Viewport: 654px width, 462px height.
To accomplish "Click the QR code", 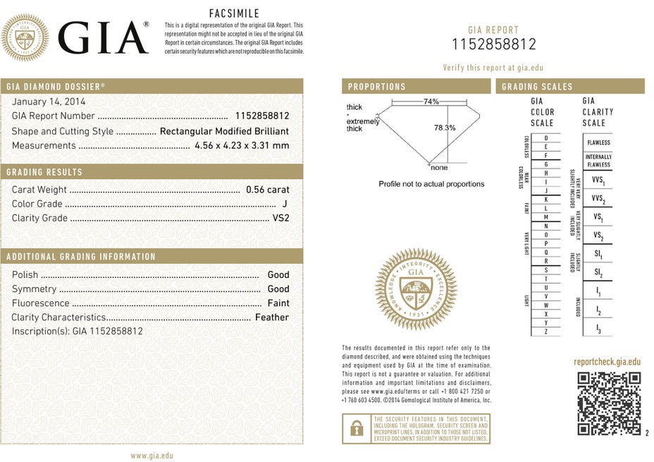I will [x=610, y=402].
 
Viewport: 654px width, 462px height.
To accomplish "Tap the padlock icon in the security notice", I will [x=356, y=428].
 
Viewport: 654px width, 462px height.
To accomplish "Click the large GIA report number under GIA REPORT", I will [x=493, y=44].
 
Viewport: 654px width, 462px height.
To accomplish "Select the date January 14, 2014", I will [x=49, y=102].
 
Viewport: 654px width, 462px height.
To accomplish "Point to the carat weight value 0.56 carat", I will [x=267, y=190].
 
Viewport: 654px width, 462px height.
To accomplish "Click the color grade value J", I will [x=285, y=204].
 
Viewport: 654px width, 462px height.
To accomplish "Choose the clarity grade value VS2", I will [x=280, y=218].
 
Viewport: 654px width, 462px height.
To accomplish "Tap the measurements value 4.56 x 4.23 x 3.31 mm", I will [x=242, y=145].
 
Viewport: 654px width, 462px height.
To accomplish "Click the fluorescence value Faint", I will [x=278, y=303].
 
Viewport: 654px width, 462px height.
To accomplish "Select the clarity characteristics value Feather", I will [x=272, y=317].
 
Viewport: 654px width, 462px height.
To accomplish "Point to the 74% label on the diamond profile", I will [x=431, y=102].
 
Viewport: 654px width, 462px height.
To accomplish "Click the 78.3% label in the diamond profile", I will [x=445, y=128].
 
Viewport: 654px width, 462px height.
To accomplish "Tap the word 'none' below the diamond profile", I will [x=438, y=168].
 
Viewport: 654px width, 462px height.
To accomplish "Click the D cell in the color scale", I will [x=545, y=138].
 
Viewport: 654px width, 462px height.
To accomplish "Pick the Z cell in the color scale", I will [x=545, y=332].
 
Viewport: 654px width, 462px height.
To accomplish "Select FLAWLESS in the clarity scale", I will [x=598, y=142].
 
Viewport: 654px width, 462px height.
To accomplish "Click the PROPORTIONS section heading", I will [x=377, y=87].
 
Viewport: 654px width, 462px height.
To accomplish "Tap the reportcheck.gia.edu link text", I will [x=607, y=362].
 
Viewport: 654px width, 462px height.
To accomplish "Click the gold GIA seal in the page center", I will [x=416, y=289].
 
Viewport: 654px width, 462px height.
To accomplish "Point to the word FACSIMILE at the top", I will [x=235, y=13].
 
